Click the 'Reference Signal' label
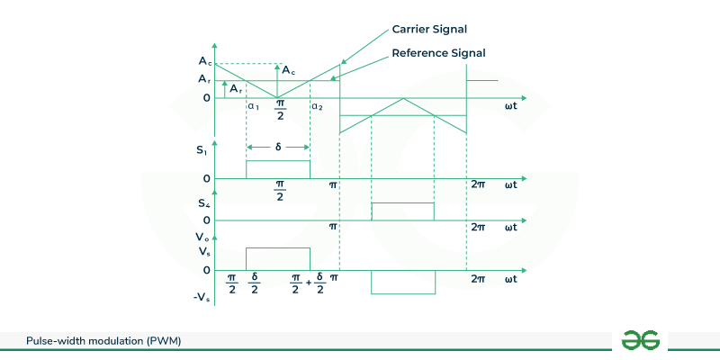438,53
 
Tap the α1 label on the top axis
253,106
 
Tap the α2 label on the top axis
317,106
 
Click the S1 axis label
202,150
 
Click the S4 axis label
204,202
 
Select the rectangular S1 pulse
278,169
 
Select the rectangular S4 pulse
402,211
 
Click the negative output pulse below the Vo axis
403,281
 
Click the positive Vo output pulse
278,259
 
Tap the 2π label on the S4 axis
479,227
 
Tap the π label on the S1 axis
333,184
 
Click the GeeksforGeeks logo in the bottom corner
641,339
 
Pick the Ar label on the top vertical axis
204,79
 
